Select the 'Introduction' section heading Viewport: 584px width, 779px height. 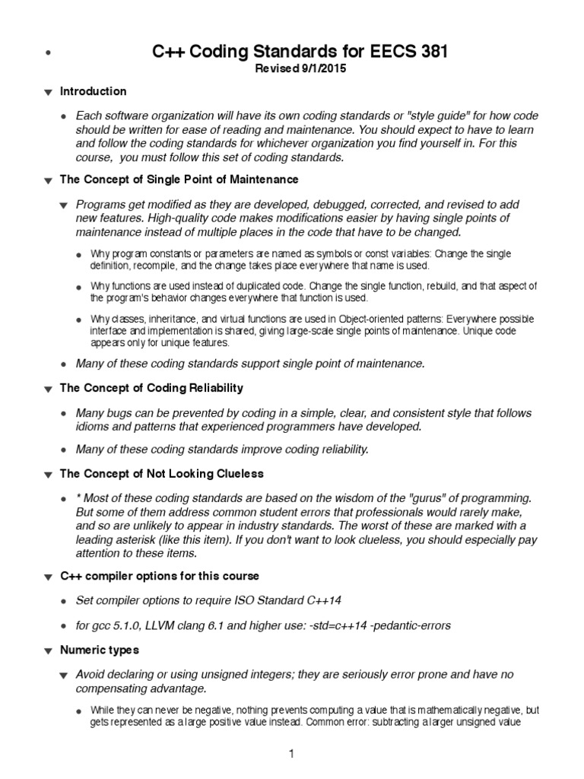(x=94, y=91)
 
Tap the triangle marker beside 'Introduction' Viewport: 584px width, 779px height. (x=48, y=93)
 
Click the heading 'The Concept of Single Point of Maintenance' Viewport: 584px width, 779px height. (x=179, y=180)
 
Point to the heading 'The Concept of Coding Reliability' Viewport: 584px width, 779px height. (x=151, y=388)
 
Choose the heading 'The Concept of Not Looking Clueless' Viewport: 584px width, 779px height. (x=161, y=474)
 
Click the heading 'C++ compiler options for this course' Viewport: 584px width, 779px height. (x=160, y=577)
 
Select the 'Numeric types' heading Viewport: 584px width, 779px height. (x=100, y=650)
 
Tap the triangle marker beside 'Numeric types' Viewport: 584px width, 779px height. (x=48, y=652)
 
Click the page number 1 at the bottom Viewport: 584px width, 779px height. (x=291, y=754)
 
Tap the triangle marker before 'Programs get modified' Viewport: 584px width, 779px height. (x=64, y=205)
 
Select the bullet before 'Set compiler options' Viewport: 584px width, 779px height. (x=64, y=601)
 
